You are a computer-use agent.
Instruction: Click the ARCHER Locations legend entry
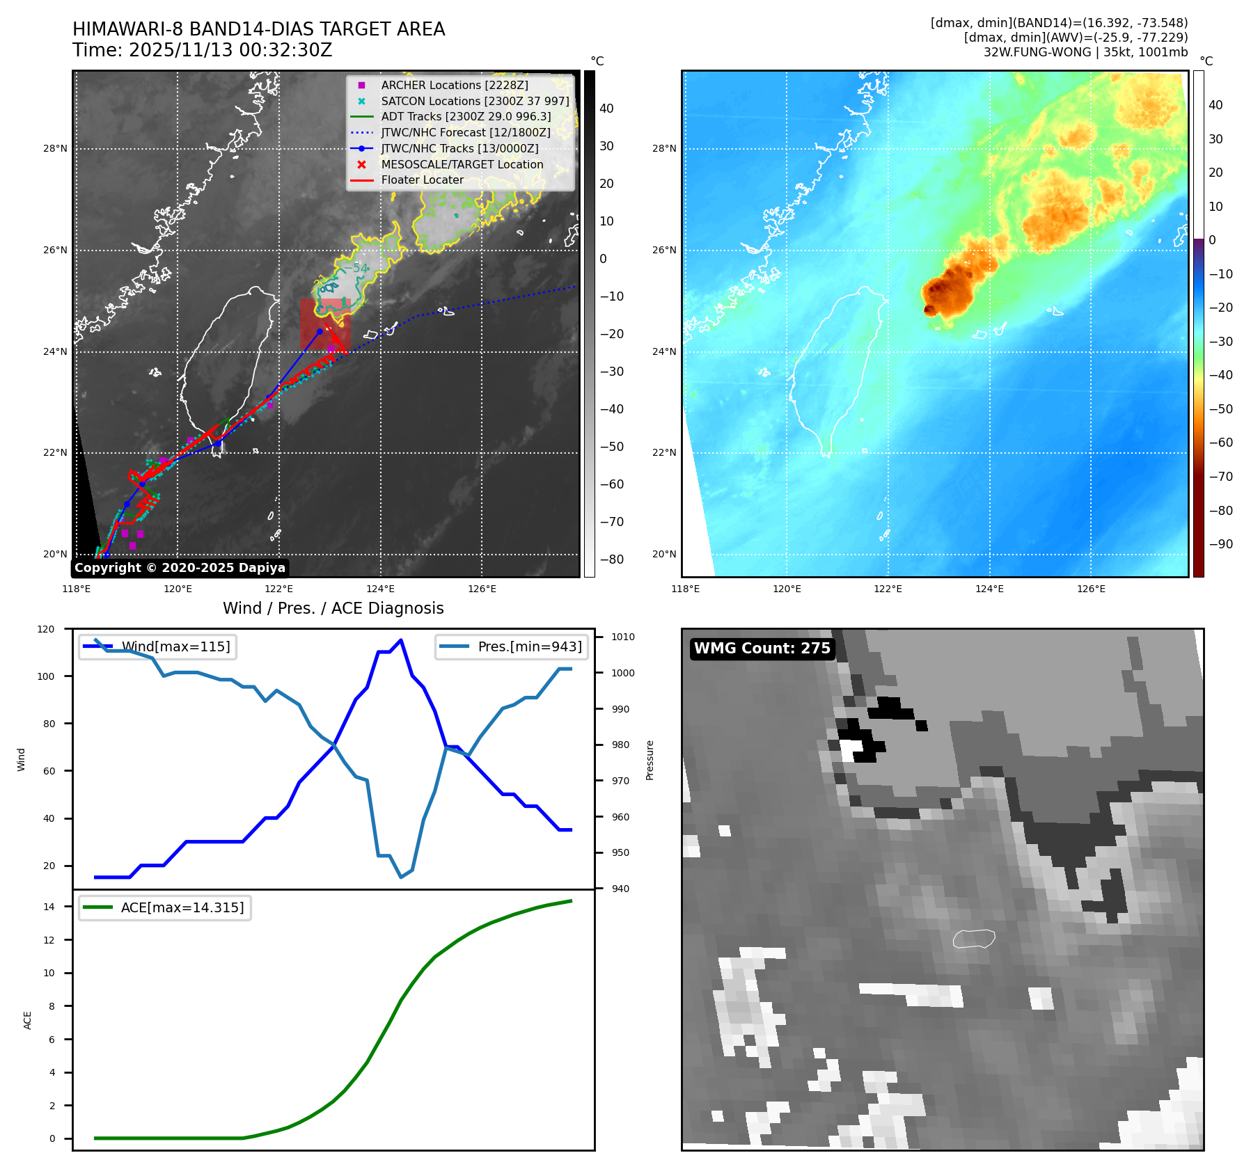point(454,85)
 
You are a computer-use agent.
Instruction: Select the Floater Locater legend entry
point(422,180)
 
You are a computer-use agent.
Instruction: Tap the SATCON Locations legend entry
point(475,101)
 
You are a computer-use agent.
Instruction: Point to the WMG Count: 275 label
point(762,649)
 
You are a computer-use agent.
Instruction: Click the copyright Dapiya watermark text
point(180,568)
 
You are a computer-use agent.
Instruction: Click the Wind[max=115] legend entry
point(175,646)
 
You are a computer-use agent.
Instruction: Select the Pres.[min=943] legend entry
point(529,646)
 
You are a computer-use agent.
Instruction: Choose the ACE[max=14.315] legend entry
point(182,907)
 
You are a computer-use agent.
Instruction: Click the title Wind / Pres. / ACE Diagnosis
point(333,608)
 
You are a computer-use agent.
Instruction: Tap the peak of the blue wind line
point(400,640)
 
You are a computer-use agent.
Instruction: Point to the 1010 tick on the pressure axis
point(623,637)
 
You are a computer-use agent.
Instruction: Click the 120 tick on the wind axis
point(46,629)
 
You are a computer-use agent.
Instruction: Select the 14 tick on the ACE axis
point(49,907)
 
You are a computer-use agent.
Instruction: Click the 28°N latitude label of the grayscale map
point(56,148)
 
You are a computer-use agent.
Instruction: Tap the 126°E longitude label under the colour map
point(1091,589)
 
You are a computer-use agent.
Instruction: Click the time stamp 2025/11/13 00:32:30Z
point(230,51)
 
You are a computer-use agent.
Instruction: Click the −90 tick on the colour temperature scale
point(1220,544)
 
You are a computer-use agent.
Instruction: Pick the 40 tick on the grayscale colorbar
point(606,109)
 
